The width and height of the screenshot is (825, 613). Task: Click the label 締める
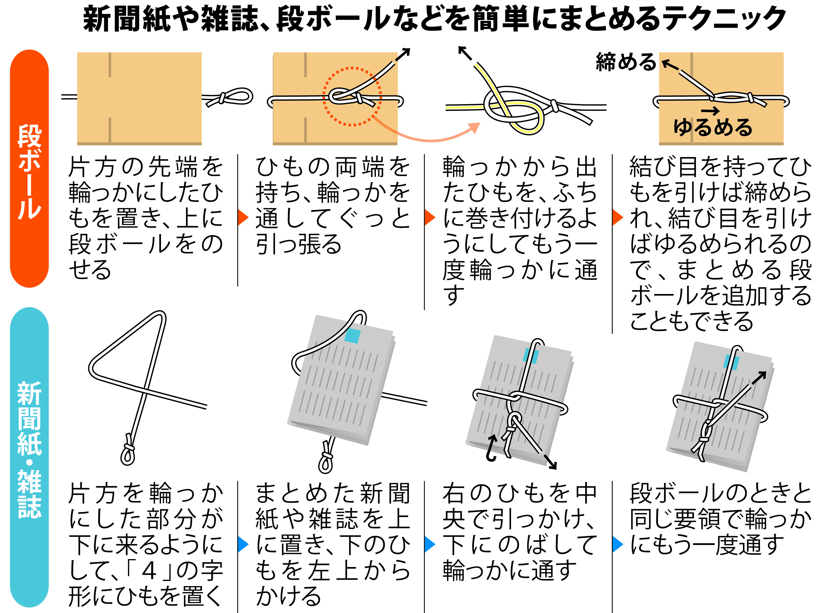(626, 62)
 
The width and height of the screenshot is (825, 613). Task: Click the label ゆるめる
(713, 127)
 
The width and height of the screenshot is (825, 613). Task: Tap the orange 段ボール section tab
(29, 169)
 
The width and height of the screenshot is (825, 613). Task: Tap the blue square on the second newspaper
(352, 336)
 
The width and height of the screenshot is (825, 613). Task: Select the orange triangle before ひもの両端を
(243, 217)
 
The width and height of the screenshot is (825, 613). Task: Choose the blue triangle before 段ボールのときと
(617, 544)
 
